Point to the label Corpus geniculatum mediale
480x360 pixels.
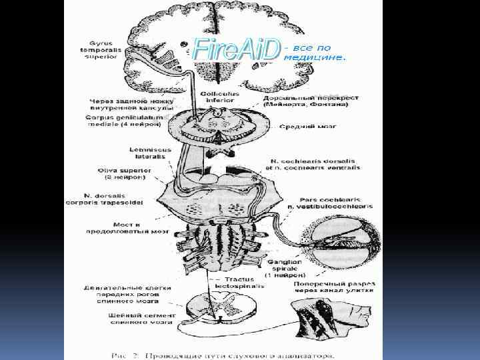click(x=124, y=121)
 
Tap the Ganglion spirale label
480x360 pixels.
click(x=286, y=267)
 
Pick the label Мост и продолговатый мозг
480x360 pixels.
click(x=127, y=227)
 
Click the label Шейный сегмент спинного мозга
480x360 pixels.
click(x=141, y=319)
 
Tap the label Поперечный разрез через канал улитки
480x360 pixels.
click(x=333, y=286)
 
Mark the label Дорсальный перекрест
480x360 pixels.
click(x=311, y=101)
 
